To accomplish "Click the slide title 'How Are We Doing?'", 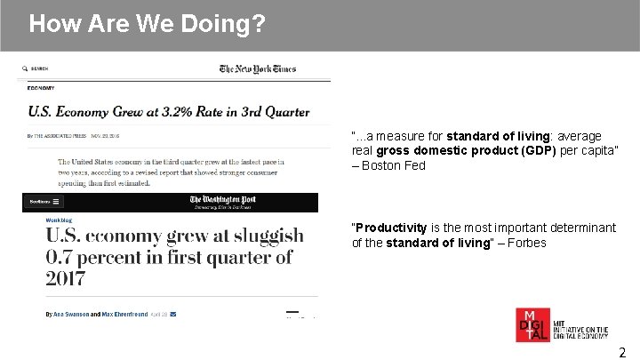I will (x=147, y=23).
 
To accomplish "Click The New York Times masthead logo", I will (x=258, y=68).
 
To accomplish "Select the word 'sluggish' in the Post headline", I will (x=256, y=237).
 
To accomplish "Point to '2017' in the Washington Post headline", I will (x=66, y=278).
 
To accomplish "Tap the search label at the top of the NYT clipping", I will (x=37, y=68).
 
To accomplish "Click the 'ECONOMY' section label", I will (x=41, y=88).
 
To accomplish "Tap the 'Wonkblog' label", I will (x=60, y=216).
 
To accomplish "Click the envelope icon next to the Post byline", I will (x=173, y=314).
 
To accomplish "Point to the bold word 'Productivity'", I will (x=392, y=228).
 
